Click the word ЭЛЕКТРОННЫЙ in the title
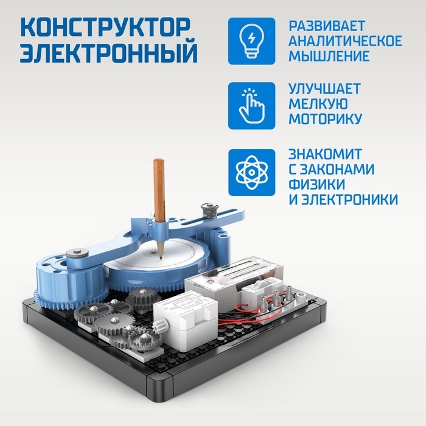pos(109,53)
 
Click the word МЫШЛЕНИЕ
pos(329,56)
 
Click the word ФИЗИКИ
pos(317,184)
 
